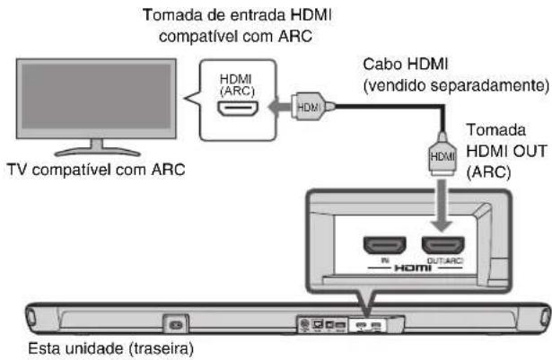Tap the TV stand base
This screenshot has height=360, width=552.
90,149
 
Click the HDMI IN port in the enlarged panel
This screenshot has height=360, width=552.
382,245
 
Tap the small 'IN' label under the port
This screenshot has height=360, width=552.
382,259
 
